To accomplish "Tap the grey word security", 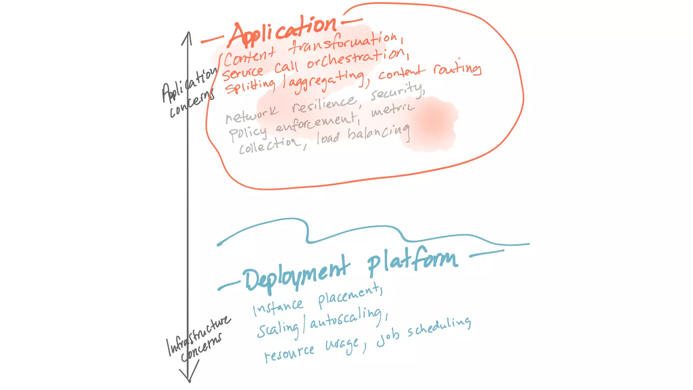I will (397, 91).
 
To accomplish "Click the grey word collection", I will (269, 146).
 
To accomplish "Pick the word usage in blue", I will (342, 345).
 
